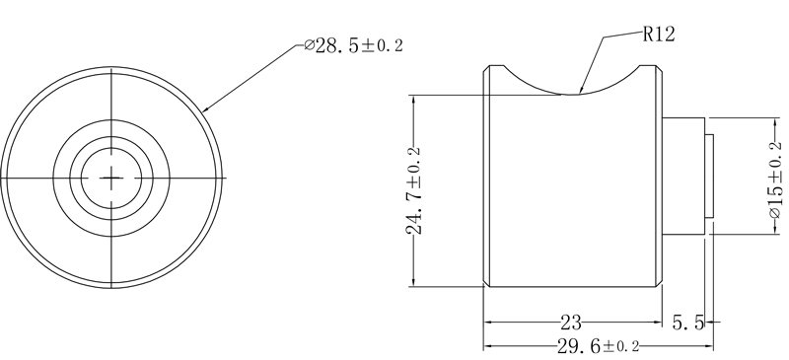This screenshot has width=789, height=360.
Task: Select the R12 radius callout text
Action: (658, 35)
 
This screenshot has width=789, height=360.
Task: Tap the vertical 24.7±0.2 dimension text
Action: (415, 190)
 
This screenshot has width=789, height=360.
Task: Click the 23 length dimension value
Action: (570, 322)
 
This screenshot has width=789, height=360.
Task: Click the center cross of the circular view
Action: (112, 178)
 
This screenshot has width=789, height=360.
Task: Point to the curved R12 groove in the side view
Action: (572, 84)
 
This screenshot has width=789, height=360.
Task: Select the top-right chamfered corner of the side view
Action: (655, 68)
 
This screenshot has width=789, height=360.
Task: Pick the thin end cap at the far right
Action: (709, 178)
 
